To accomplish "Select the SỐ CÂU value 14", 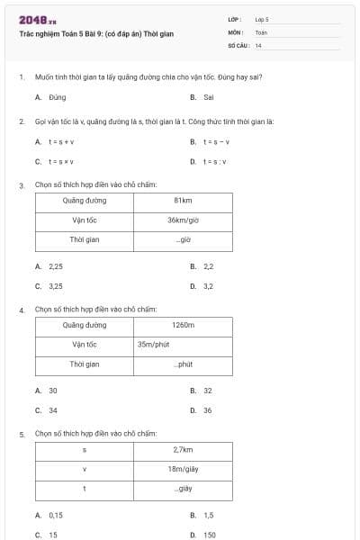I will (258, 45).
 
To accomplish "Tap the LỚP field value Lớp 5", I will (262, 19).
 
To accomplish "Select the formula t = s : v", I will (214, 162).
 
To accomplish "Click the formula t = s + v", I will (61, 142).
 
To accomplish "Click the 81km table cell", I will (183, 200).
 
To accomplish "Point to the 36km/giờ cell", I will (183, 220).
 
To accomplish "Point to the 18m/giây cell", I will (183, 468).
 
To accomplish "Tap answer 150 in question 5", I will (209, 535).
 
